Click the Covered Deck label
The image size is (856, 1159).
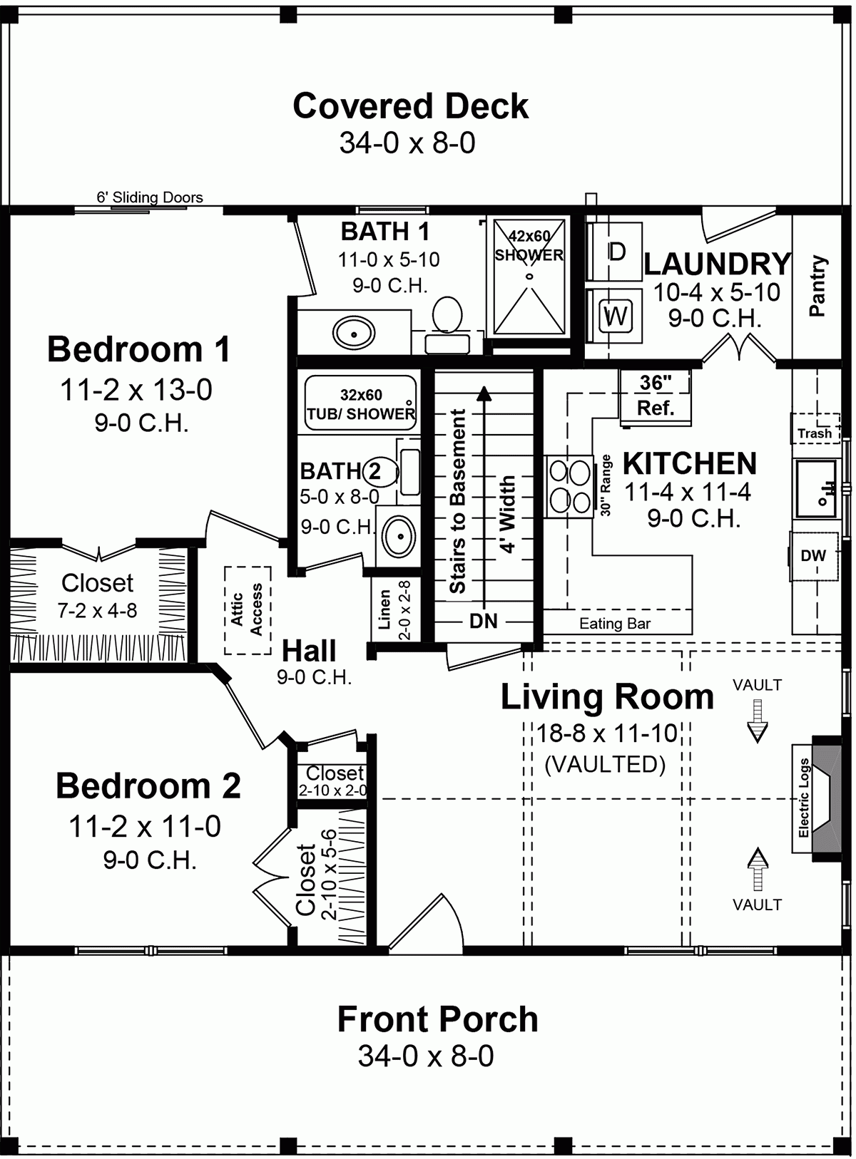point(410,106)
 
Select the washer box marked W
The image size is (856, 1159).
point(615,315)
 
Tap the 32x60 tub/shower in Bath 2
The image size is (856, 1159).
point(360,404)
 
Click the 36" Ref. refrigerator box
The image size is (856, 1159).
point(655,395)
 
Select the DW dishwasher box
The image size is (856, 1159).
point(812,556)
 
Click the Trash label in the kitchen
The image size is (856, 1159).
point(814,433)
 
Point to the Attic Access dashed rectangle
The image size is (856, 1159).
point(248,609)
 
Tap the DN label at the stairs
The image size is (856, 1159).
point(483,621)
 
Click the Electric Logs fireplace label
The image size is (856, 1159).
point(804,798)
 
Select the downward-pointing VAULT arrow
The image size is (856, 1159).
point(757,721)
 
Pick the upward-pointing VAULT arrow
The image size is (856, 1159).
point(757,868)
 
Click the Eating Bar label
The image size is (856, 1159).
point(614,624)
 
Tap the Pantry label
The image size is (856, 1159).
point(817,286)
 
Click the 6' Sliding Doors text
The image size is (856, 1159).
point(150,197)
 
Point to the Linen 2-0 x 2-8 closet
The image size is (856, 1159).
point(393,609)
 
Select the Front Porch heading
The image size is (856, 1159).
point(437,1019)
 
